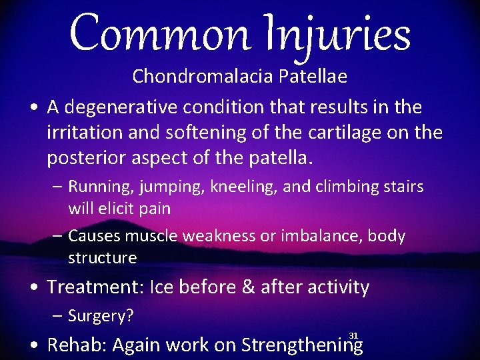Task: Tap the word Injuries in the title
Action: coord(343,34)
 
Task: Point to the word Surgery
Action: coord(101,316)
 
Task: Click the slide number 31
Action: coord(353,335)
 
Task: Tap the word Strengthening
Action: coord(302,345)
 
